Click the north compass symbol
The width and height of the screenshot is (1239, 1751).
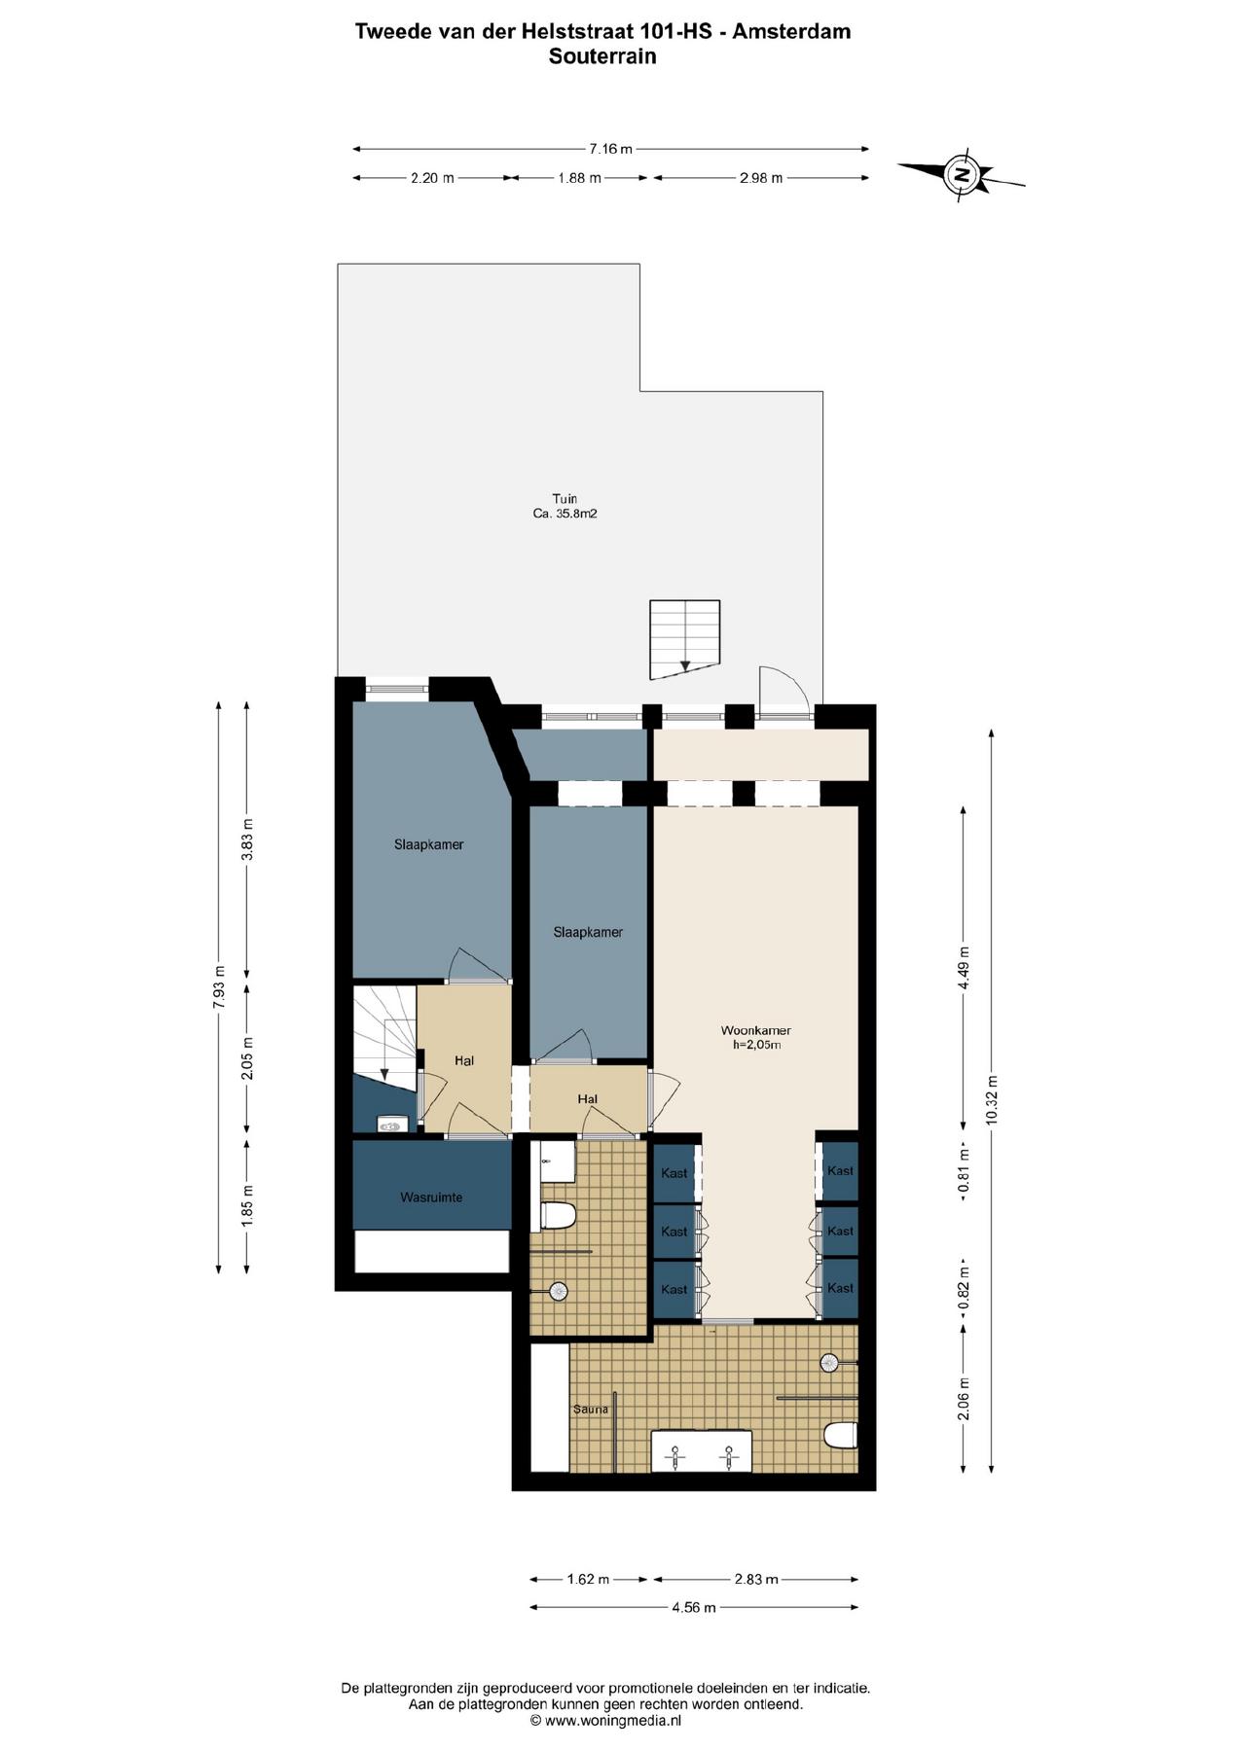coord(962,175)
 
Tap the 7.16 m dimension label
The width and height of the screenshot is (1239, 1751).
coord(610,149)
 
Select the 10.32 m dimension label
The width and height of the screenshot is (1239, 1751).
coord(991,1099)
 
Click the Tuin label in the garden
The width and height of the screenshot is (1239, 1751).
coord(565,499)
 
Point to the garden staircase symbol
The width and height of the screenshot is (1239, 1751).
coord(685,638)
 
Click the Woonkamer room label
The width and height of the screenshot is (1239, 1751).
coord(755,1030)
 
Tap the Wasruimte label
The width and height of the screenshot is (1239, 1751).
coord(431,1197)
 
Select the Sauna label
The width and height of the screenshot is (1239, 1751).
coord(591,1409)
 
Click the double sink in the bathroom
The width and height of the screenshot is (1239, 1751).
coord(701,1450)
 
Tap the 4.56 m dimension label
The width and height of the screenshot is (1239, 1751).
coord(694,1608)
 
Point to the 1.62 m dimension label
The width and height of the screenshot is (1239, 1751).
coord(588,1580)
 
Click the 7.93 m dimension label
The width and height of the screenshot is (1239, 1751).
coord(219,987)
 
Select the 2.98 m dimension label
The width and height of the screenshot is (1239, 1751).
coord(761,178)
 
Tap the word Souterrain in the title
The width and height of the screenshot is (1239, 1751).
coord(602,56)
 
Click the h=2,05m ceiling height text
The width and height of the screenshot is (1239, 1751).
coord(757,1046)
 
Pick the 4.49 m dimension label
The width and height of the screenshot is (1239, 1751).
coord(964,968)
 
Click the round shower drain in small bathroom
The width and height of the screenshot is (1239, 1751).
coord(559,1291)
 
